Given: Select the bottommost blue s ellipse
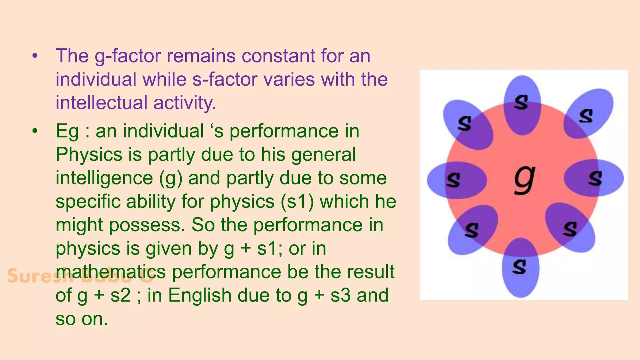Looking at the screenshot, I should [x=520, y=267].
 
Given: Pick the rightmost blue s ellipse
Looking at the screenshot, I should [x=594, y=178].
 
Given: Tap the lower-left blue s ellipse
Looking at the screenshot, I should [x=472, y=230].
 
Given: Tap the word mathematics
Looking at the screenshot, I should [x=111, y=272].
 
